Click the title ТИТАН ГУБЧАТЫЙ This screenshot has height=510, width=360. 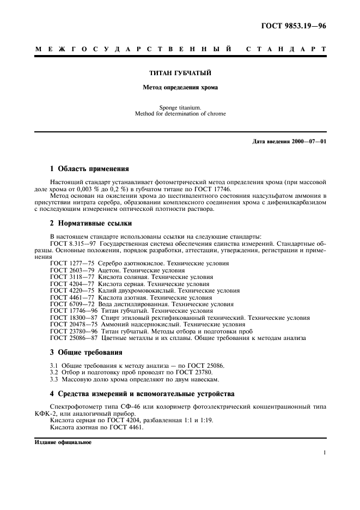coord(180,72)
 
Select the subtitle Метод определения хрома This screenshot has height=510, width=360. coord(180,87)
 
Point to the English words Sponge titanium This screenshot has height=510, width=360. coord(180,107)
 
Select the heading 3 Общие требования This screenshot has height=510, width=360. coord(86,352)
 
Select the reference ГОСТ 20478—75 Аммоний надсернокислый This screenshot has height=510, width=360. coord(142,324)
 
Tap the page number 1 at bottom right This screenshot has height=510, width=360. coord(324,452)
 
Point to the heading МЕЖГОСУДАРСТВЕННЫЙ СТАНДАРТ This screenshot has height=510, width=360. coord(180,50)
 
